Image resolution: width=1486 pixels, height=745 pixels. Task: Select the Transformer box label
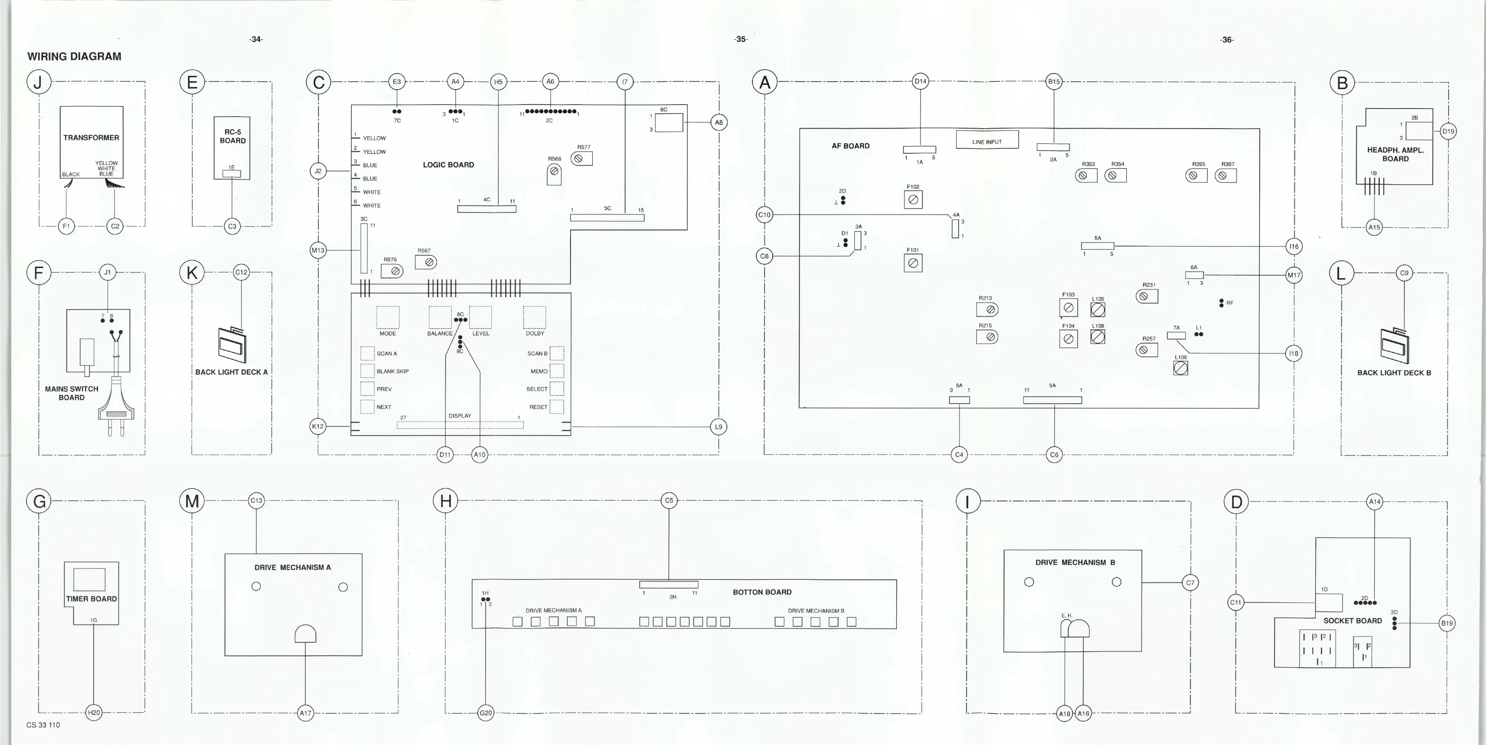coord(91,138)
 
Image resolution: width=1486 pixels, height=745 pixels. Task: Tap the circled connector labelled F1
coord(67,226)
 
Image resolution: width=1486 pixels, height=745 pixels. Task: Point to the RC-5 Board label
coord(233,136)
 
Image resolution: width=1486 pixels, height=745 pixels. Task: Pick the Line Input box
coord(987,140)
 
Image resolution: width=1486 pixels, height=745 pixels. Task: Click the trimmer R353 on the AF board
coord(1085,176)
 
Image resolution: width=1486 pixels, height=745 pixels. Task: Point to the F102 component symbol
coord(912,200)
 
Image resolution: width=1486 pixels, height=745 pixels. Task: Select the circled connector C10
coord(764,215)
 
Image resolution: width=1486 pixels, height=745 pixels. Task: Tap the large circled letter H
coord(445,500)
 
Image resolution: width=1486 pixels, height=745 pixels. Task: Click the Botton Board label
coord(762,592)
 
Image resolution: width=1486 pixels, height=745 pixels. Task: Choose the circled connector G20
coord(486,713)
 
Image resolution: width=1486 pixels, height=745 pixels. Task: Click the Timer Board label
coord(91,599)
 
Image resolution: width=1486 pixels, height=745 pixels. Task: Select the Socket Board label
coord(1352,621)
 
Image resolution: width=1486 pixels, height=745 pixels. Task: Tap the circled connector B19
coord(1447,623)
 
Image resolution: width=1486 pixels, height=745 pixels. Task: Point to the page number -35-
coord(741,39)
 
